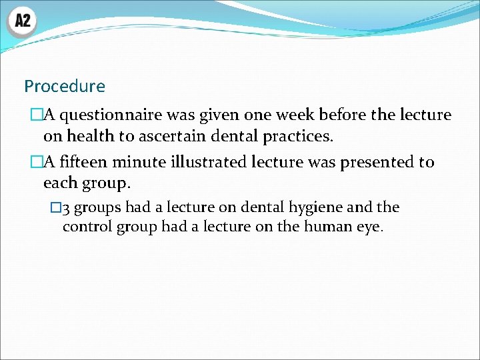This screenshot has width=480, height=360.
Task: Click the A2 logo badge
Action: (x=23, y=21)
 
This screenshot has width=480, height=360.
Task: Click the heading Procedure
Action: (x=65, y=86)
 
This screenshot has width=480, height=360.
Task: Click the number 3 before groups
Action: (x=66, y=208)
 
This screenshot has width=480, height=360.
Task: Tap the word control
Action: (x=87, y=227)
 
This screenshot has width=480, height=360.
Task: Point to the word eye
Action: (x=369, y=228)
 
